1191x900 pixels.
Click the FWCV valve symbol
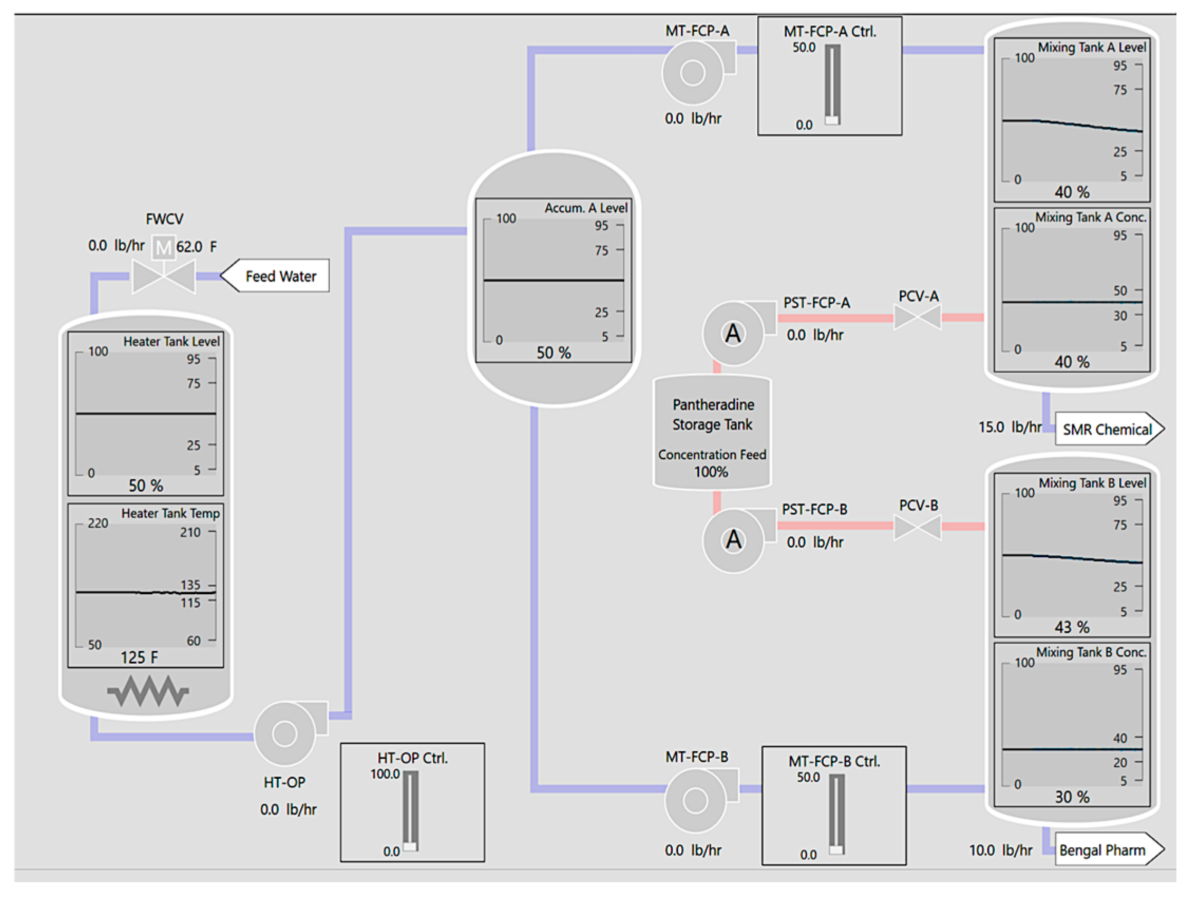pos(164,276)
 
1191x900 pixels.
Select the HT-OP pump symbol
pos(285,733)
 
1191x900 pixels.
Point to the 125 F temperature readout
pos(139,657)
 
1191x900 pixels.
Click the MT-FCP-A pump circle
pos(692,73)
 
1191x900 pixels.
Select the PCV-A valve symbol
pos(918,317)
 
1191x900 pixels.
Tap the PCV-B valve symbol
pos(918,527)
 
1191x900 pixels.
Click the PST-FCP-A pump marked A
pos(733,334)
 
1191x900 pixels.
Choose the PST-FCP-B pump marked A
pos(733,540)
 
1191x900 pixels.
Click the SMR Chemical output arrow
pos(1108,429)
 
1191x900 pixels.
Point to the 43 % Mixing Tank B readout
pos(1071,627)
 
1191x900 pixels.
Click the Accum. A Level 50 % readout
pos(553,352)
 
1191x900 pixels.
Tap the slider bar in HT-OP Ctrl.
pos(411,811)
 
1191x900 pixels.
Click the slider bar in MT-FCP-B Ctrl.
pos(836,814)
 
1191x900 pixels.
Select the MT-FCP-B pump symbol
pos(695,800)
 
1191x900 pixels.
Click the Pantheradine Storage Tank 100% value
pos(711,472)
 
